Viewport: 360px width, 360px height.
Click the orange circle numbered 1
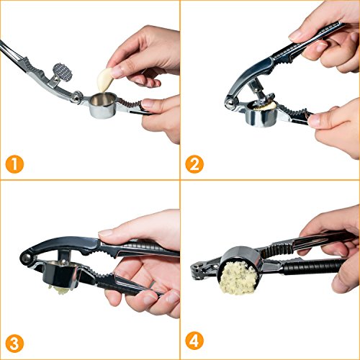14,165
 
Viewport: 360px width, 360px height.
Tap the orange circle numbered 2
194,165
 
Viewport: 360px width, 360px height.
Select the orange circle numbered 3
14,344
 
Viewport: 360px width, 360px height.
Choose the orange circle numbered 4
194,341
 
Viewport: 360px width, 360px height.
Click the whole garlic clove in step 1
104,80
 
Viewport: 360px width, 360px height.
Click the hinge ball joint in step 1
77,97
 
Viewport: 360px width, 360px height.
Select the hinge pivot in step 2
230,103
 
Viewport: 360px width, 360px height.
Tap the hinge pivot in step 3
27,257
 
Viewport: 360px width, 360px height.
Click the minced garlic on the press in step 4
238,279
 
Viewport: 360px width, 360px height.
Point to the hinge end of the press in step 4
198,270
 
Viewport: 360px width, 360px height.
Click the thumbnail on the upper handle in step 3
106,233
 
